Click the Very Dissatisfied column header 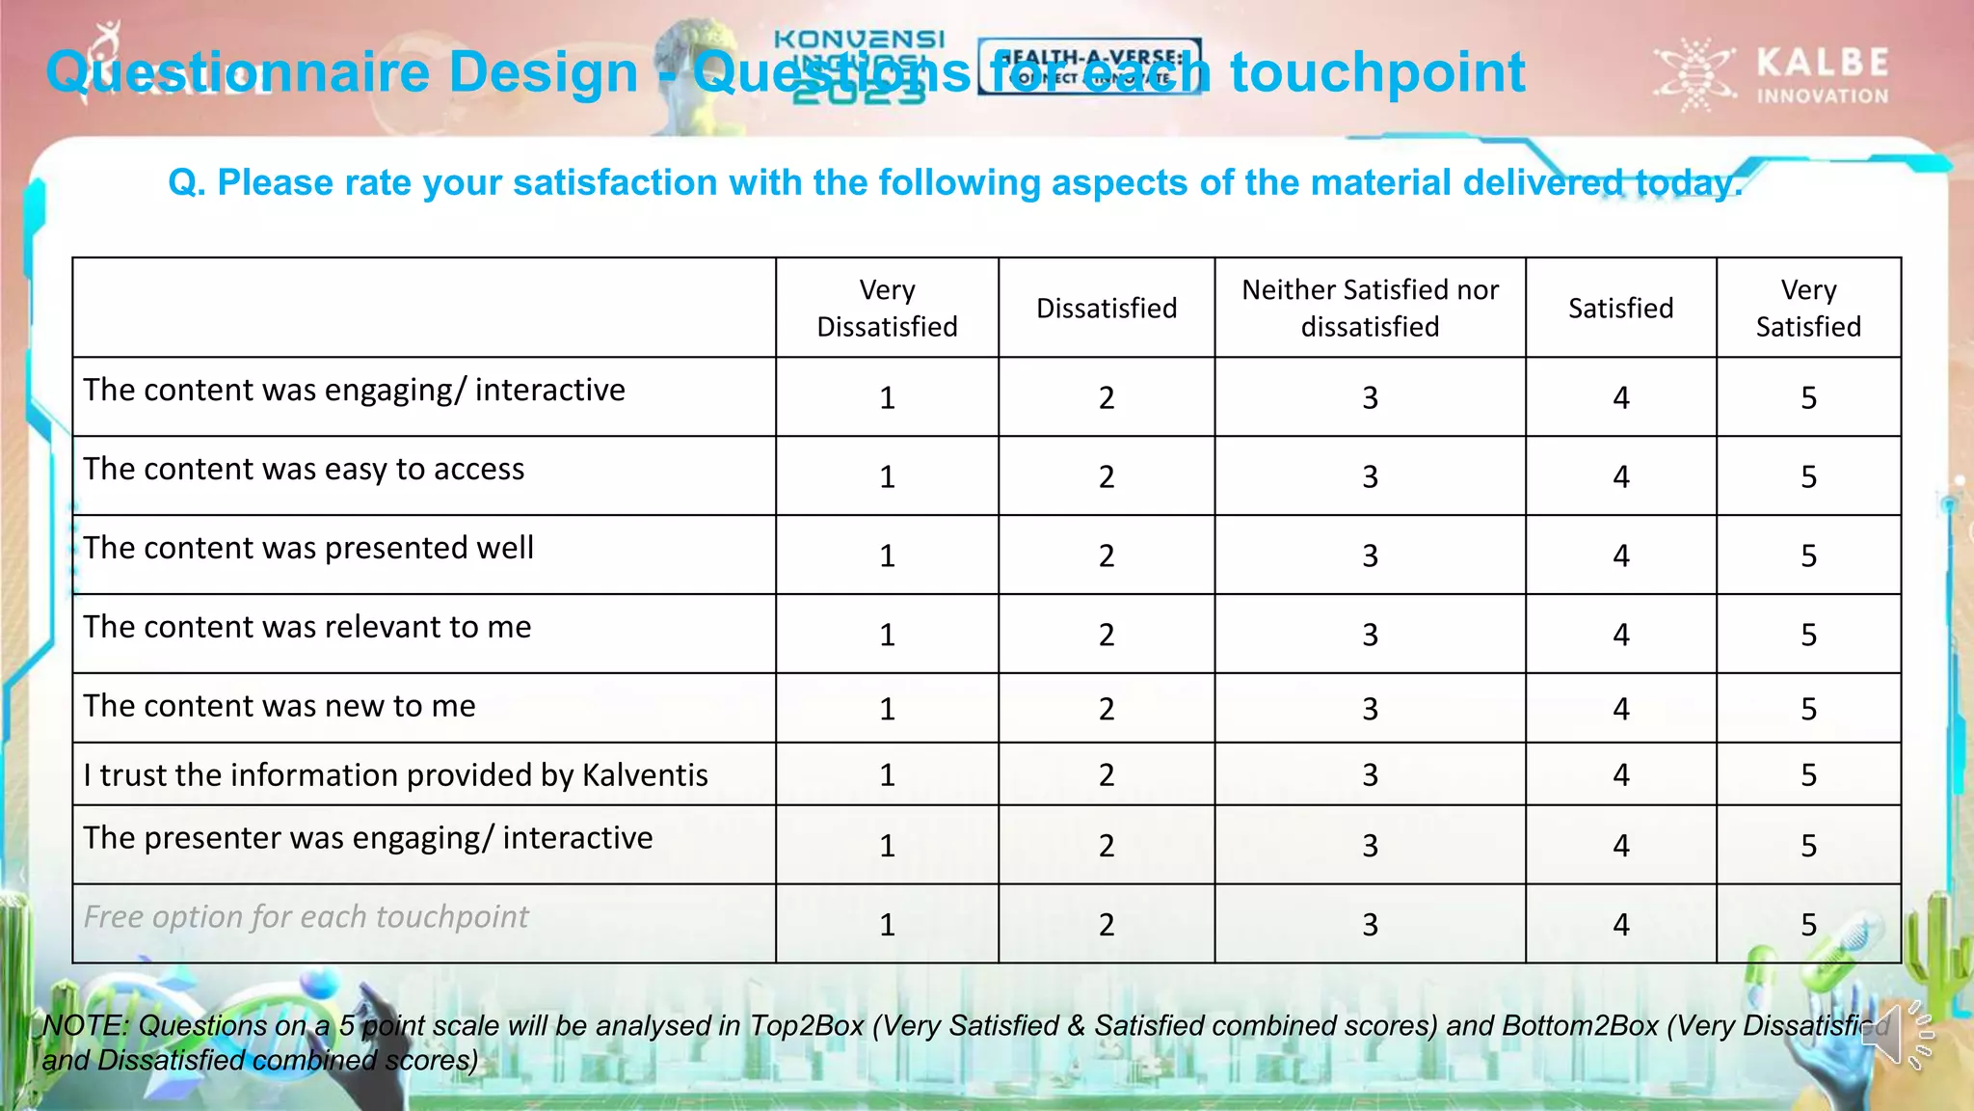pyautogui.click(x=887, y=309)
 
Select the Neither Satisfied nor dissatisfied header pyautogui.click(x=1370, y=309)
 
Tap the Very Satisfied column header pyautogui.click(x=1808, y=309)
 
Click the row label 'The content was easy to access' pyautogui.click(x=304, y=470)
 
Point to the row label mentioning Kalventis pyautogui.click(x=395, y=775)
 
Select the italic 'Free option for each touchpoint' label pyautogui.click(x=306, y=917)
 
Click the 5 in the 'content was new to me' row pyautogui.click(x=1808, y=710)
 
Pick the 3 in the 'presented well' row pyautogui.click(x=1370, y=556)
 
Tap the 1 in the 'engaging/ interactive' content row pyautogui.click(x=887, y=398)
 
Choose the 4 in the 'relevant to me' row pyautogui.click(x=1621, y=636)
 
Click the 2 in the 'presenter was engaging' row pyautogui.click(x=1107, y=847)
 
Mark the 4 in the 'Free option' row pyautogui.click(x=1621, y=926)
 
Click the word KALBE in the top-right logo pyautogui.click(x=1822, y=63)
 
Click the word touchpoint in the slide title pyautogui.click(x=1378, y=73)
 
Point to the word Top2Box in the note pyautogui.click(x=808, y=1026)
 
